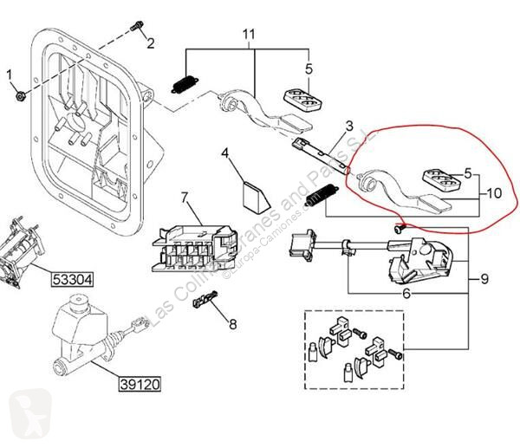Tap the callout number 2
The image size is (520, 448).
tap(150, 43)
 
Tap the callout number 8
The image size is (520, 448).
tap(231, 325)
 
